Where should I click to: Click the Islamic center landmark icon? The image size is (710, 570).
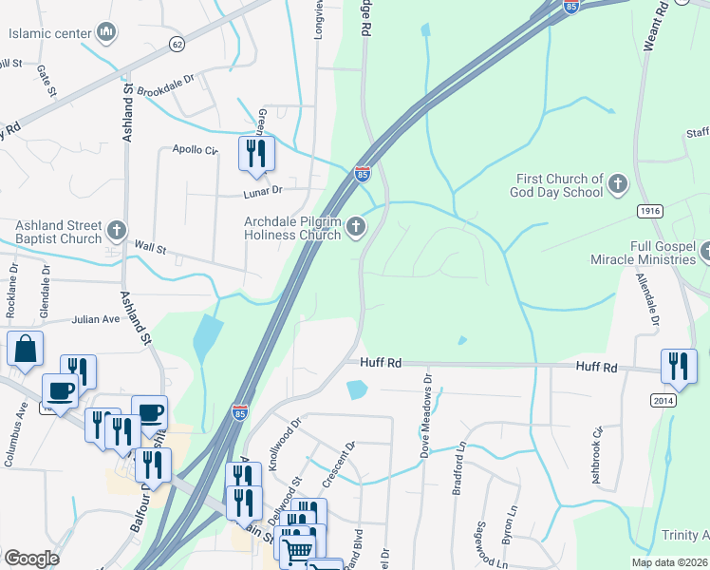tap(107, 34)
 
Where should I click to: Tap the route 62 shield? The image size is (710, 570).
tap(177, 44)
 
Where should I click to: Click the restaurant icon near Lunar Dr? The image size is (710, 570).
tap(256, 153)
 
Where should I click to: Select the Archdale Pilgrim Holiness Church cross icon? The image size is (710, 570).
tap(356, 226)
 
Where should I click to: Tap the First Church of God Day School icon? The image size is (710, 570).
tap(617, 184)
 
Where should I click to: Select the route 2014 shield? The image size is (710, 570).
tap(663, 401)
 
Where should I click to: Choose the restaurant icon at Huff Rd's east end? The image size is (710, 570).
tap(679, 367)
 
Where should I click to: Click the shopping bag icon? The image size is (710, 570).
tap(25, 349)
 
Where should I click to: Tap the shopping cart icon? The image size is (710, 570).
tap(299, 548)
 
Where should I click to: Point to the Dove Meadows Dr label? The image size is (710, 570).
tap(428, 414)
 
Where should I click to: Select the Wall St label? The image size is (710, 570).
tap(150, 249)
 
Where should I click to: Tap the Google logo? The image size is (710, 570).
tap(31, 559)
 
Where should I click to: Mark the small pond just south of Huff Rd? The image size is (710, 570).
tap(357, 389)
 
